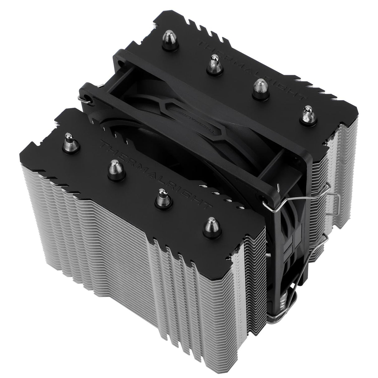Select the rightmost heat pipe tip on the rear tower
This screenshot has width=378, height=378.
(308, 115)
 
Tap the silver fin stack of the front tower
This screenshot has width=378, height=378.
(125, 265)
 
